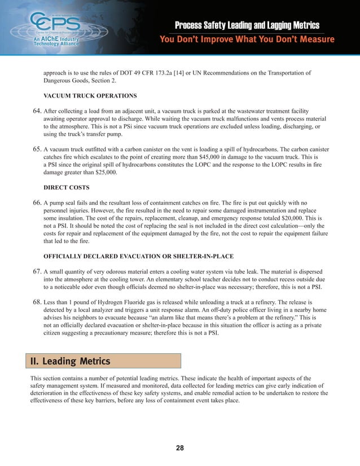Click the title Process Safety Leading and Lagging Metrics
(x=247, y=25)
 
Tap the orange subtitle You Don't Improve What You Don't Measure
(x=247, y=39)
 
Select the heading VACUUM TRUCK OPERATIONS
(x=90, y=95)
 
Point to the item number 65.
(x=36, y=150)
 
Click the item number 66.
(x=36, y=201)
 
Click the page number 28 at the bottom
(x=180, y=448)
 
